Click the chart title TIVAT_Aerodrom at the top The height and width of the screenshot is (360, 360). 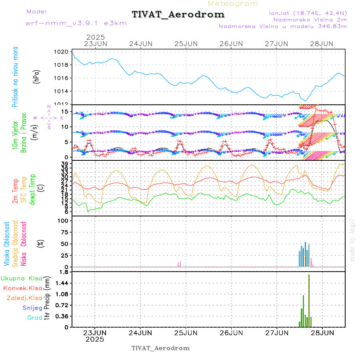(178, 14)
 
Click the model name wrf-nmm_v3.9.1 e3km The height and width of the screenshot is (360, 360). (76, 23)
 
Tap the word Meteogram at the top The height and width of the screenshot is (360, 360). (233, 4)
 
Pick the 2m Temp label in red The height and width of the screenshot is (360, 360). (15, 191)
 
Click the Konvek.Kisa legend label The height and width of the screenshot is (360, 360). (23, 288)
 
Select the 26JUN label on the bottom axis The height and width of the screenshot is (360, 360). (231, 332)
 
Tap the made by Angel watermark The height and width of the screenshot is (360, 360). (352, 240)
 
